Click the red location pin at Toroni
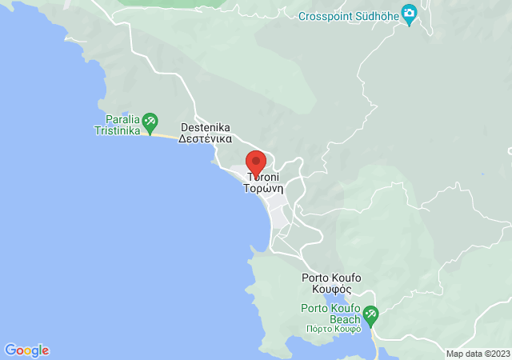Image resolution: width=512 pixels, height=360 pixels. pyautogui.click(x=255, y=161)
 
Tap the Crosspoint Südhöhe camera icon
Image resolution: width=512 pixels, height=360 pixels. pyautogui.click(x=410, y=14)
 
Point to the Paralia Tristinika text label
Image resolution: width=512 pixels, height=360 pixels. pyautogui.click(x=117, y=123)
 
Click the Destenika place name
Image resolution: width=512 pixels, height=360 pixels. pyautogui.click(x=206, y=127)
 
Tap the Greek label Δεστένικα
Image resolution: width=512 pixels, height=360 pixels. pyautogui.click(x=206, y=138)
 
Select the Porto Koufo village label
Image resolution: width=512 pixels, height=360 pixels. pyautogui.click(x=331, y=278)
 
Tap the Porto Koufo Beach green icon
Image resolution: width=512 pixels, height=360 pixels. pyautogui.click(x=370, y=313)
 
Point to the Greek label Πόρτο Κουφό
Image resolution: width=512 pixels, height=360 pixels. pyautogui.click(x=333, y=328)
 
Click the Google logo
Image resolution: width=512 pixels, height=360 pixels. pyautogui.click(x=26, y=350)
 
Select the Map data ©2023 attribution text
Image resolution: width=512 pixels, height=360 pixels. pyautogui.click(x=477, y=354)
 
